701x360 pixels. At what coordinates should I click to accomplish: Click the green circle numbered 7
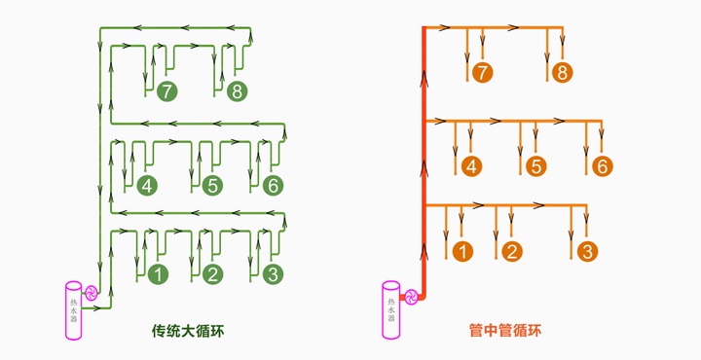point(167,92)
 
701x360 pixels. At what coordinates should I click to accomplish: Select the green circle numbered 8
point(237,92)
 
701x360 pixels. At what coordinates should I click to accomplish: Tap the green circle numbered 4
point(147,185)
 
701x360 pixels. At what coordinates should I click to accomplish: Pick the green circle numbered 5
point(212,185)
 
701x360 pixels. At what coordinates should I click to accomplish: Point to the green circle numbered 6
point(273,185)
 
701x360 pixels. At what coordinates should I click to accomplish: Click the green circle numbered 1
point(158,274)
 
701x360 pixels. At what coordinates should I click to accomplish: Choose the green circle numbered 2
point(212,274)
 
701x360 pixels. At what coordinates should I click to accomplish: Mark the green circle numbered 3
point(273,274)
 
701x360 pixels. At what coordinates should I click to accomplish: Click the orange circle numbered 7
point(481,73)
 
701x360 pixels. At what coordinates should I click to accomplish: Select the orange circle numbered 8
point(561,73)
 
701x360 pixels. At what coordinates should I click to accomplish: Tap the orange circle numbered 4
point(471,165)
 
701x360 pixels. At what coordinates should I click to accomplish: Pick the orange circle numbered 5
point(535,165)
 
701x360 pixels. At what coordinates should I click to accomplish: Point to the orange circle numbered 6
point(602,165)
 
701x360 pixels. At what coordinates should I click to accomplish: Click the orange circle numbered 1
point(463,252)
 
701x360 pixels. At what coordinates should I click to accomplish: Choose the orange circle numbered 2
point(512,252)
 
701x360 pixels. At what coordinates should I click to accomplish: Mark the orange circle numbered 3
point(586,252)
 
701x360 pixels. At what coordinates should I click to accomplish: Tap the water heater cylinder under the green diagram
point(74,309)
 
